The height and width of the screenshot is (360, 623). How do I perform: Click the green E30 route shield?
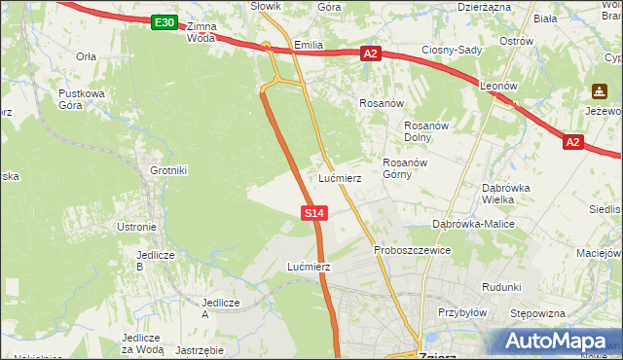point(165,22)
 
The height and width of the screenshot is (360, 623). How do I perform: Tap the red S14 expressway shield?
point(313,212)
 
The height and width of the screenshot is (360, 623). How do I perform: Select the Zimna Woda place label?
point(202,32)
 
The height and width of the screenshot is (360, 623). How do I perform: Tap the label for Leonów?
point(497,86)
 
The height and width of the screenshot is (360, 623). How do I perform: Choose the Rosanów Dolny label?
point(425,130)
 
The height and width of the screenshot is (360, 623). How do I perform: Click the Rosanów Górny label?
point(405,168)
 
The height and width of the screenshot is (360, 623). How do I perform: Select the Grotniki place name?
point(168,170)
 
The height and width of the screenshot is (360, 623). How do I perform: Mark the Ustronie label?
point(136,227)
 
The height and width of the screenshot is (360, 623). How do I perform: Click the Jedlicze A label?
point(219,307)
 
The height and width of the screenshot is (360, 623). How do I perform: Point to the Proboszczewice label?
point(412,250)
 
